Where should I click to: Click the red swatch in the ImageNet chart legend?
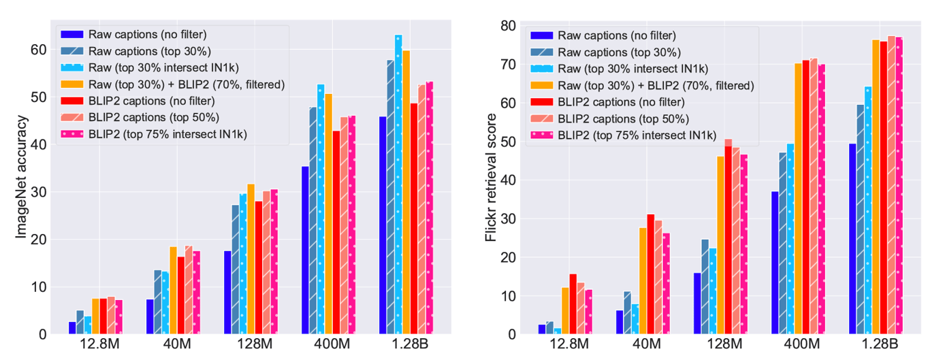[72, 101]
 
